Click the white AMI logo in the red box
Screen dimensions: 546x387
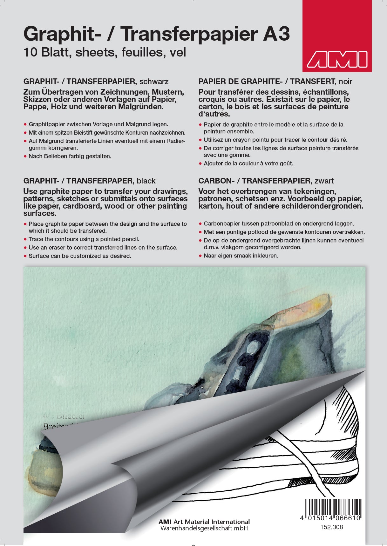[337, 59]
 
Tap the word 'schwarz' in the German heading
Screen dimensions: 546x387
[154, 82]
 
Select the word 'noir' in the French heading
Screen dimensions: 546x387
[345, 82]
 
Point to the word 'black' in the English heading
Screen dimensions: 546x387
[146, 181]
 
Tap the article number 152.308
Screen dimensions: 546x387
[331, 527]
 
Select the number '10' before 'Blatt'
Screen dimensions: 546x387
[31, 52]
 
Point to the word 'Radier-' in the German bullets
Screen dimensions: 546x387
[174, 141]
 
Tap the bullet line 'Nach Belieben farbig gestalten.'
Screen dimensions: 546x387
[70, 156]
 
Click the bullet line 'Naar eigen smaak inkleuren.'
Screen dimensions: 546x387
[241, 256]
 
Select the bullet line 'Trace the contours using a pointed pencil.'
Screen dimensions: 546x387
[84, 239]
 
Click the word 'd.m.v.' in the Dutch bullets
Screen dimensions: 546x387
[212, 247]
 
